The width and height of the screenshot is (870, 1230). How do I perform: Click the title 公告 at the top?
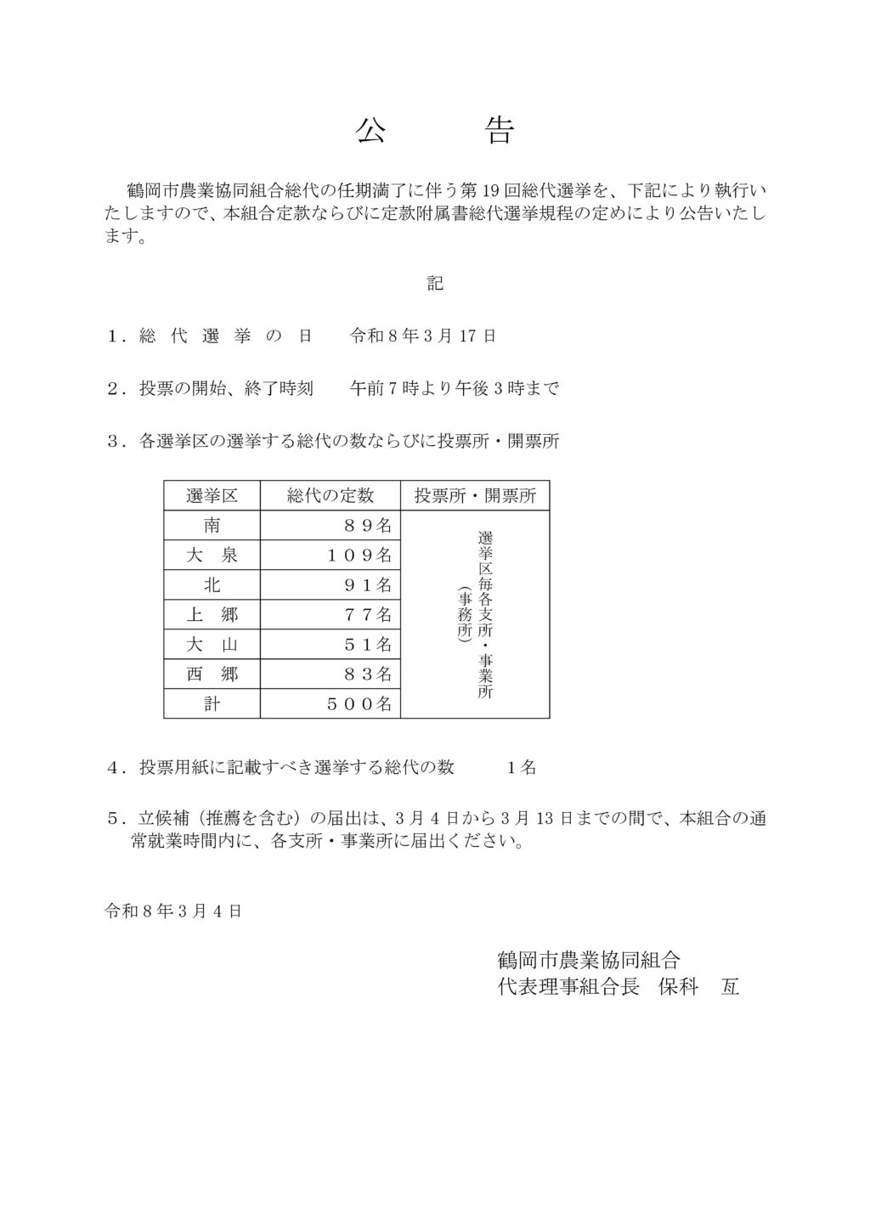[x=434, y=131]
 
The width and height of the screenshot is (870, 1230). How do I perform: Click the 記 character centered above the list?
[x=435, y=284]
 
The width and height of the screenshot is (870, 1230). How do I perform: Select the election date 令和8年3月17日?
[x=423, y=336]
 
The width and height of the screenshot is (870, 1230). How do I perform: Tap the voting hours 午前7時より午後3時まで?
[x=455, y=389]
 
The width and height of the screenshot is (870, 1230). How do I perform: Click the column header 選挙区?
[x=212, y=496]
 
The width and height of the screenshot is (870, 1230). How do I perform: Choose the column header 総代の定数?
[x=330, y=496]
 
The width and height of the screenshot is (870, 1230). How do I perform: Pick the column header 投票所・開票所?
[x=475, y=496]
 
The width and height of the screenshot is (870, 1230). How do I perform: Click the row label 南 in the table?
[x=212, y=526]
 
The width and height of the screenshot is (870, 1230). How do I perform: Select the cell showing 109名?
[x=359, y=556]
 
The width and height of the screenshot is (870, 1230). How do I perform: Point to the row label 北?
[x=212, y=585]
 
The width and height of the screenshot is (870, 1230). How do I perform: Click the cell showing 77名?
[x=367, y=614]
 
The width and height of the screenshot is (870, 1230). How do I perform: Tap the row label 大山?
[x=212, y=645]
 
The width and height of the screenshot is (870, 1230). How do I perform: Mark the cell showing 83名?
[x=367, y=674]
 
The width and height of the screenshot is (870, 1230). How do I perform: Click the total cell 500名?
[x=359, y=704]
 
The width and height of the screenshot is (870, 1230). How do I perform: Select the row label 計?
[x=212, y=704]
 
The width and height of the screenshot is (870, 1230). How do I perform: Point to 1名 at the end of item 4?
[x=521, y=768]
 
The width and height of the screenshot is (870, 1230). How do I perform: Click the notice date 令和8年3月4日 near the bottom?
[x=173, y=911]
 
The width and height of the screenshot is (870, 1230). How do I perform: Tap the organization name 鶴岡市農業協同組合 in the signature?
[x=589, y=961]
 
